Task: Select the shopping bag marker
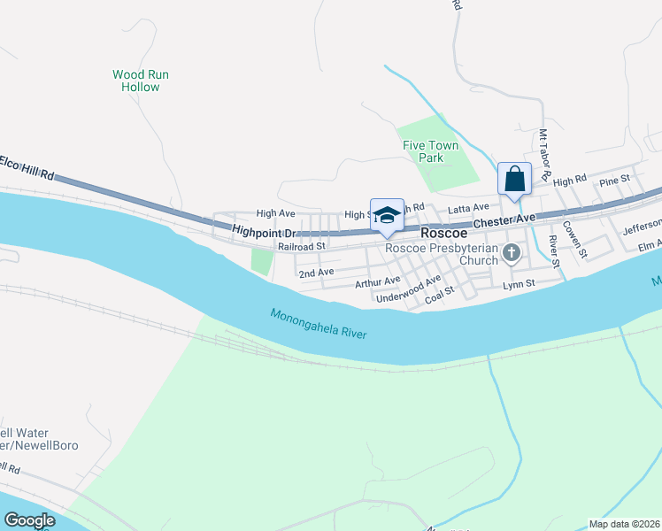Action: tap(514, 180)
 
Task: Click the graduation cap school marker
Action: tap(387, 216)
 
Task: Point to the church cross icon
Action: tap(511, 255)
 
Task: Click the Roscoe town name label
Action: tap(443, 232)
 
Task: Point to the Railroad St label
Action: tap(302, 246)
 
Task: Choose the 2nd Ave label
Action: tap(316, 273)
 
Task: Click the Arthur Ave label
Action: tap(378, 282)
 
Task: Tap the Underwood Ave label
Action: tap(408, 290)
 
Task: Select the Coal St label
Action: tap(439, 294)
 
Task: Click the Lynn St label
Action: tap(520, 283)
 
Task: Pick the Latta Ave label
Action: tap(469, 207)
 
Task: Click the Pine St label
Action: tap(613, 181)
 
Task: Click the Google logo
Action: tap(29, 520)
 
